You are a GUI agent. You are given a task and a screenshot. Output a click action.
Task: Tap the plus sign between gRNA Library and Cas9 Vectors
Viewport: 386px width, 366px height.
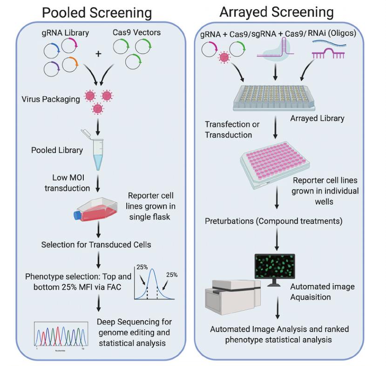98,53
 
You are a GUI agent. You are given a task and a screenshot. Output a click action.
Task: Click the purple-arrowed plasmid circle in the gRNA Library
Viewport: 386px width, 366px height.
50,68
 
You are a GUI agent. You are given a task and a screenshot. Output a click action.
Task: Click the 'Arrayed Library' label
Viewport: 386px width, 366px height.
318,118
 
